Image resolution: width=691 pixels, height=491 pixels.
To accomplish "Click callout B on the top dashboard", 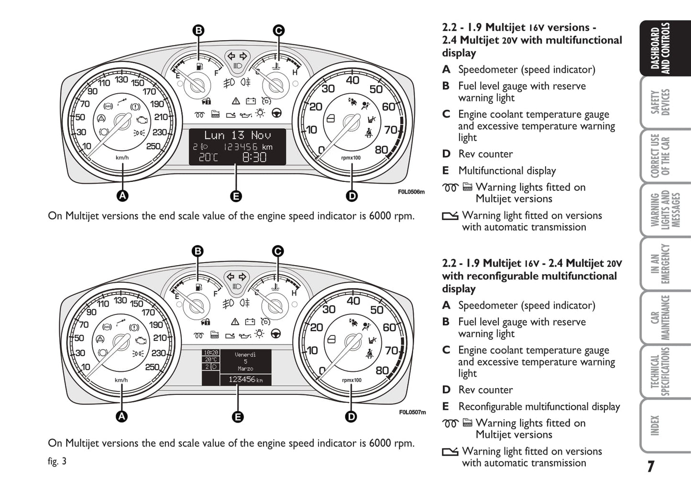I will (x=198, y=31).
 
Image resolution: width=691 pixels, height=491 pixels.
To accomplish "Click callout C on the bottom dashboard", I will (x=277, y=251).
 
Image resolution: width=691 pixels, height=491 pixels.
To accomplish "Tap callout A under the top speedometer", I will (x=122, y=196).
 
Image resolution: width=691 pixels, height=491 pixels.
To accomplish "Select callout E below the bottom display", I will (x=237, y=417).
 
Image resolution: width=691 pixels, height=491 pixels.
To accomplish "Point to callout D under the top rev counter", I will (x=351, y=196).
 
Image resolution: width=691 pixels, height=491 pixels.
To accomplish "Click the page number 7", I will (x=651, y=467).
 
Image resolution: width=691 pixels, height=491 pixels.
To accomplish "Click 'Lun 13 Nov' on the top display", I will (x=237, y=135).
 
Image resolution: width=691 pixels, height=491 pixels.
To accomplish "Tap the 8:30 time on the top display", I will (x=254, y=157).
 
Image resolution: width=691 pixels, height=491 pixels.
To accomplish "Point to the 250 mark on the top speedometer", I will (x=153, y=146).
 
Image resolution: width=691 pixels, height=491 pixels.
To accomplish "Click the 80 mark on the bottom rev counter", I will (x=382, y=370).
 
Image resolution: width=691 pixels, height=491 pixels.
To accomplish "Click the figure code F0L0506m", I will (x=411, y=192).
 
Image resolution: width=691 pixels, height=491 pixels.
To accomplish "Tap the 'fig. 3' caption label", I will (x=57, y=461).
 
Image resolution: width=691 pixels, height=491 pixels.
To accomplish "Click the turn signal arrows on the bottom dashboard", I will (x=237, y=277).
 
